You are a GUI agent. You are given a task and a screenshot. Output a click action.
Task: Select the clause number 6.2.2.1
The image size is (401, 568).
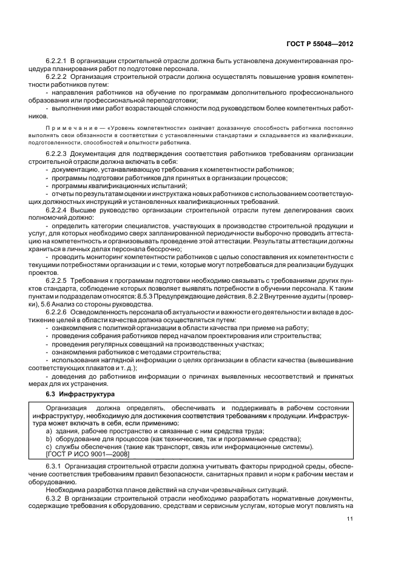58,62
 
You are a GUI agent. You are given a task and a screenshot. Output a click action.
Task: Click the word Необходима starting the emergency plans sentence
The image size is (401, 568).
66,489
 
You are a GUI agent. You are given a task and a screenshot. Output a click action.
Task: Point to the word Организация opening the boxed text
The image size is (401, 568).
66,407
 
